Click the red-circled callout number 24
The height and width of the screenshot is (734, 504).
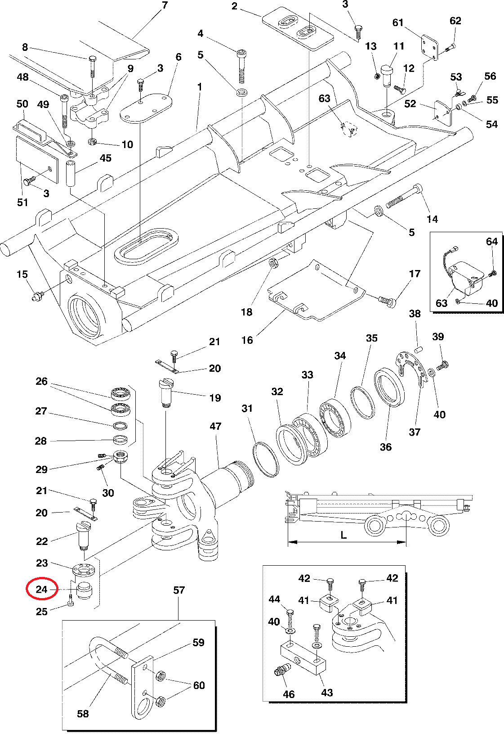(41, 589)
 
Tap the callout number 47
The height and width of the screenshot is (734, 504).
(215, 426)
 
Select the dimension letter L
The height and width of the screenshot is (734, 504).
(343, 535)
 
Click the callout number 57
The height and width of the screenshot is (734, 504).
(179, 590)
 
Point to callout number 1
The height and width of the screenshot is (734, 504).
(199, 86)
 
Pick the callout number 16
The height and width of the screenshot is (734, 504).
(247, 340)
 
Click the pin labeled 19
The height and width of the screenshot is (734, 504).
(166, 393)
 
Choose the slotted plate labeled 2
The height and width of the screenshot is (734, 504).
(298, 28)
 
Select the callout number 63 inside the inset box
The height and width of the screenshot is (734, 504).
(442, 303)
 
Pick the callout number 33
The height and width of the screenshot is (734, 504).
(307, 374)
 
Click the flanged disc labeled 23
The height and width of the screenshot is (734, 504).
(84, 570)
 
